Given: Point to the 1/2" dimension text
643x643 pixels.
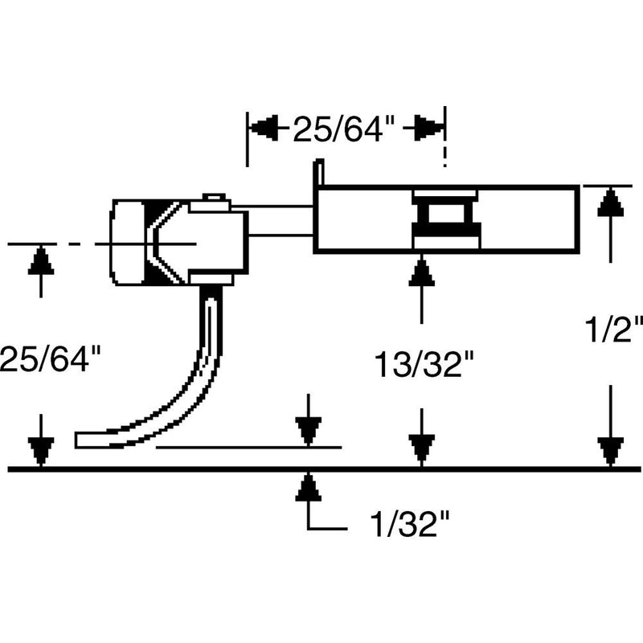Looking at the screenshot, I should tap(614, 330).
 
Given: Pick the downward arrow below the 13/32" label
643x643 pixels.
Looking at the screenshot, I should tap(421, 447).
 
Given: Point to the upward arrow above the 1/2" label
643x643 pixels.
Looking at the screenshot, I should tap(612, 204).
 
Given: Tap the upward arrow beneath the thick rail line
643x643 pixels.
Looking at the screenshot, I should tap(308, 487).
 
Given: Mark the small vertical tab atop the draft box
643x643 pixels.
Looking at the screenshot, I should tap(318, 173).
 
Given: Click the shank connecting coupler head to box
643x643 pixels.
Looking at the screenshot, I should tap(277, 219).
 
